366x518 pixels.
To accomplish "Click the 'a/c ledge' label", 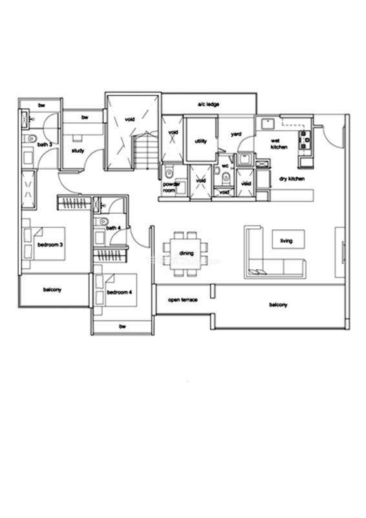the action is pyautogui.click(x=208, y=104).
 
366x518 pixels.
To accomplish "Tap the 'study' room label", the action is pyautogui.click(x=78, y=151).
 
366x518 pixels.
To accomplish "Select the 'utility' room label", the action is pyautogui.click(x=200, y=141).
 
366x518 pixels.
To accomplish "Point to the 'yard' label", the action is pyautogui.click(x=236, y=134).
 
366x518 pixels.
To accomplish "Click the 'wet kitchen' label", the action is pyautogui.click(x=279, y=144).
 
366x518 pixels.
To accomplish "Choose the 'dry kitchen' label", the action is pyautogui.click(x=292, y=179).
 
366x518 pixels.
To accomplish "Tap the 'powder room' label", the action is pyautogui.click(x=171, y=187).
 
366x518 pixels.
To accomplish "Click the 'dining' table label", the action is pyautogui.click(x=186, y=253).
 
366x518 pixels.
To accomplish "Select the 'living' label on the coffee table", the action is pyautogui.click(x=286, y=240).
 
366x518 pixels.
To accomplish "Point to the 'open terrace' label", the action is pyautogui.click(x=183, y=300).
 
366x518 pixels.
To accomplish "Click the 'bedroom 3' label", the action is pyautogui.click(x=50, y=245).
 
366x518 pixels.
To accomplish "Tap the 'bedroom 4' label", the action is pyautogui.click(x=120, y=292).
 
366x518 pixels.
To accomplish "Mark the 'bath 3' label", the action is pyautogui.click(x=45, y=144).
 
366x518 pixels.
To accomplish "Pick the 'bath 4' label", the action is pyautogui.click(x=113, y=228).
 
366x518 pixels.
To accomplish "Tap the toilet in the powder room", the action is pyautogui.click(x=169, y=172).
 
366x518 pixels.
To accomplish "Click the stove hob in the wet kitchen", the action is pyautogui.click(x=305, y=140).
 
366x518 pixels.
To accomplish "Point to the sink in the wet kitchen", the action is pyautogui.click(x=268, y=124).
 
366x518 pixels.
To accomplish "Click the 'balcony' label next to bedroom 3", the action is pyautogui.click(x=52, y=289).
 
